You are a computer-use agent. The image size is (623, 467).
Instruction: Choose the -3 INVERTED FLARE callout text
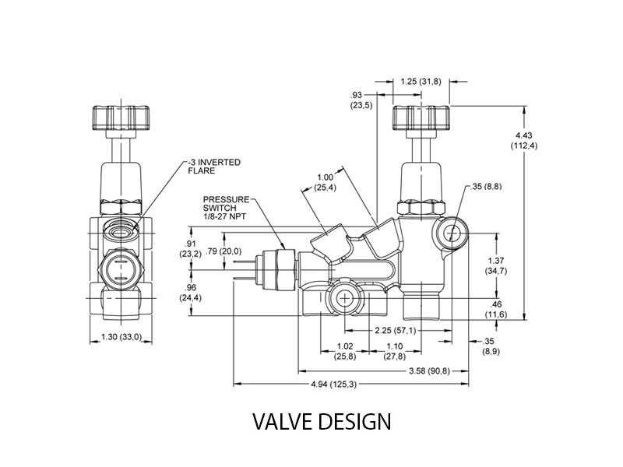click(215, 167)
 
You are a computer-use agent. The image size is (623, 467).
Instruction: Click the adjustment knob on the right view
click(421, 118)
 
